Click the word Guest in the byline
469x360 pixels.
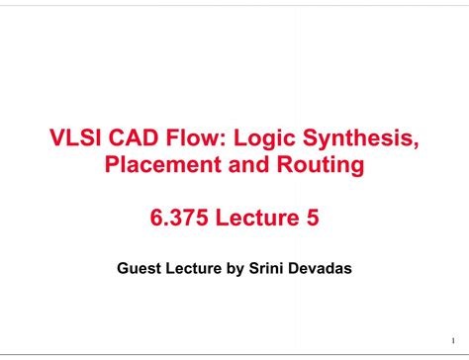[x=139, y=267]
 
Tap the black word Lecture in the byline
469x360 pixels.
[x=195, y=267]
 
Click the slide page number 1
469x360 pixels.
[x=451, y=337]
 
